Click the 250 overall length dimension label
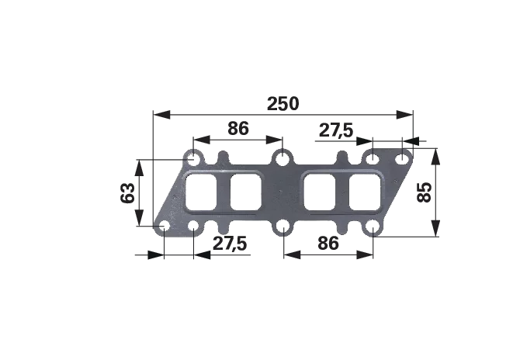coord(283,104)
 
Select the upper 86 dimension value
coord(238,128)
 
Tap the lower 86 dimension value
coord(328,244)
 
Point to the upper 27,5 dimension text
coord(336,130)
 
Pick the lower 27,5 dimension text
coord(230,244)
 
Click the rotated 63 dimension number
coord(128,193)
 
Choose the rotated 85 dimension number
coord(425,192)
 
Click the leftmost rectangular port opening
coord(201,192)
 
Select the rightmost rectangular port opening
coord(365,192)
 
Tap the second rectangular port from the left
coord(245,192)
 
